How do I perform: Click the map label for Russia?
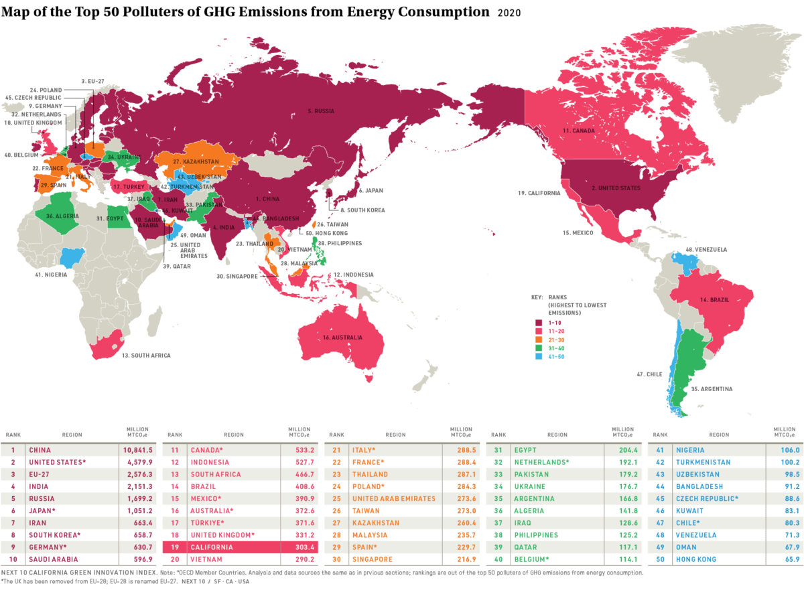(320, 110)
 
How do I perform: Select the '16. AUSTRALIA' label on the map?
(342, 337)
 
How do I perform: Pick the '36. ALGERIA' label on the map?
(62, 216)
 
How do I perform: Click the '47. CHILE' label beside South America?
(650, 374)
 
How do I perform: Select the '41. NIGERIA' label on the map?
(52, 274)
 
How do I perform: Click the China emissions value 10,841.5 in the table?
(138, 450)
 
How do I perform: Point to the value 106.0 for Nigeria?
(783, 450)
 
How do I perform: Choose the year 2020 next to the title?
(509, 13)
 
